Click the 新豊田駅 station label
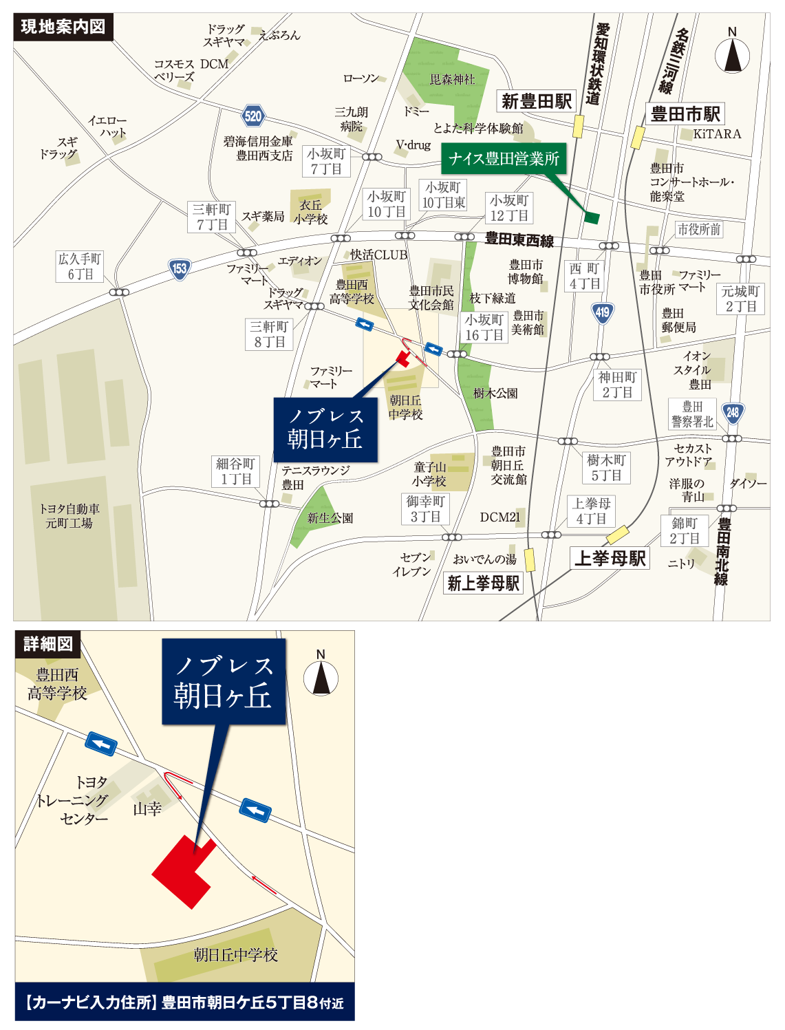(536, 102)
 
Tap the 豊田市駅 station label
(685, 114)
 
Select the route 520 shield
(253, 116)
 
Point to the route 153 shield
(180, 268)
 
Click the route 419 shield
(602, 312)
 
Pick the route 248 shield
(733, 413)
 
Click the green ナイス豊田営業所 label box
(504, 159)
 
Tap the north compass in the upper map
(732, 52)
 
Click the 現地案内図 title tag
(63, 27)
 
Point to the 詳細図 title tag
(48, 644)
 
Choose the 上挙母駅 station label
(610, 558)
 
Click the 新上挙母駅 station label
(483, 583)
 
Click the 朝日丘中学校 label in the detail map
(235, 955)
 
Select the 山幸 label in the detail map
(147, 809)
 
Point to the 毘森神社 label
(452, 80)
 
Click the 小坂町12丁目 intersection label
(509, 208)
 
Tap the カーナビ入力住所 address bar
(184, 1002)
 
